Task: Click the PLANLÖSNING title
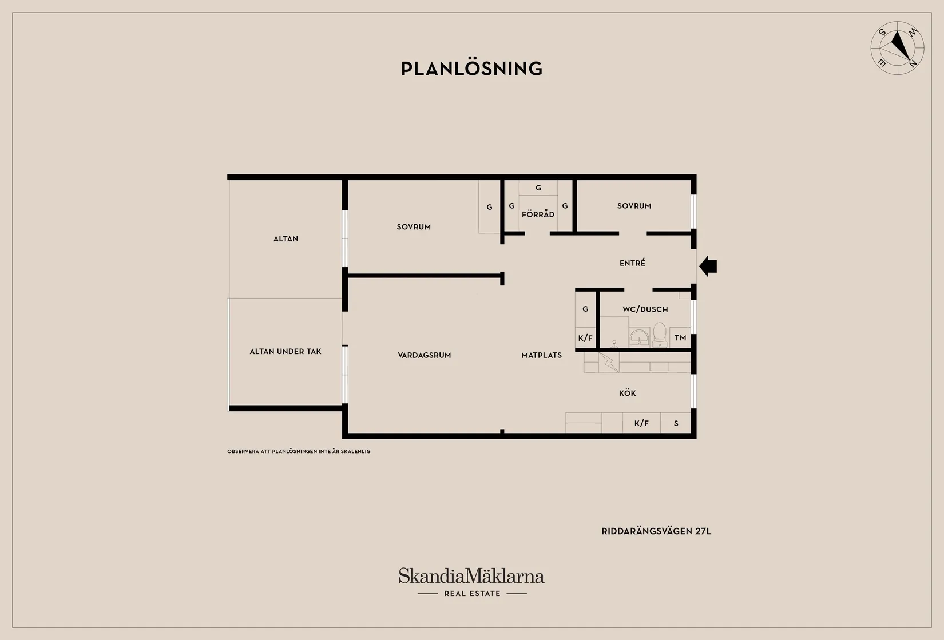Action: pyautogui.click(x=471, y=69)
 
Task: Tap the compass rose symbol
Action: pyautogui.click(x=897, y=48)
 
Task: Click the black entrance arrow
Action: pyautogui.click(x=708, y=266)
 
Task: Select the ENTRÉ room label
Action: pyautogui.click(x=632, y=263)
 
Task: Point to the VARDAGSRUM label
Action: pyautogui.click(x=424, y=355)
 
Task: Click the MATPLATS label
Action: pyautogui.click(x=541, y=355)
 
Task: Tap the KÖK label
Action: pyautogui.click(x=627, y=393)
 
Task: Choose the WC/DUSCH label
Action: pyautogui.click(x=645, y=309)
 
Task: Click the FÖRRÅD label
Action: pyautogui.click(x=538, y=214)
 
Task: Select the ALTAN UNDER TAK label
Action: pyautogui.click(x=285, y=351)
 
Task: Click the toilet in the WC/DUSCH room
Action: pyautogui.click(x=660, y=335)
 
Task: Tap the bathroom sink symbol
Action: pyautogui.click(x=639, y=337)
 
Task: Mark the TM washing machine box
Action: pyautogui.click(x=680, y=337)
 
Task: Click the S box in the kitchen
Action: pyautogui.click(x=676, y=423)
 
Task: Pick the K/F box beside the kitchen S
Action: pyautogui.click(x=641, y=423)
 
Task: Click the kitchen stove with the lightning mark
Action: pyautogui.click(x=609, y=362)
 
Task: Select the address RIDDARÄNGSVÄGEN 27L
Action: pyautogui.click(x=656, y=531)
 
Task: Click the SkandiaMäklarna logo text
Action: pyautogui.click(x=471, y=576)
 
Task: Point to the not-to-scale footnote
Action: pyautogui.click(x=299, y=451)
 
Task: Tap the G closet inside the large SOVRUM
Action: pyautogui.click(x=489, y=207)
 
